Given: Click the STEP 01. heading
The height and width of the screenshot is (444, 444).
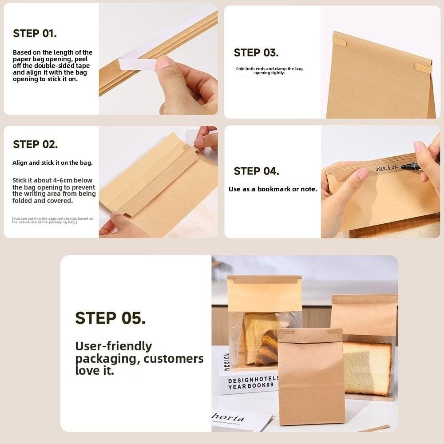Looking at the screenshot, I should [x=35, y=33].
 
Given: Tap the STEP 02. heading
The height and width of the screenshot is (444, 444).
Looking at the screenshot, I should [x=35, y=144].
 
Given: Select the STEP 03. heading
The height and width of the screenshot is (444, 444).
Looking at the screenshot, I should [x=256, y=52].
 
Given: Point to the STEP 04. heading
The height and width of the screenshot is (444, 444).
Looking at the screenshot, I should [x=256, y=171].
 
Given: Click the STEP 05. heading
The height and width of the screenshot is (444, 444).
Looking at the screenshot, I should [x=110, y=318].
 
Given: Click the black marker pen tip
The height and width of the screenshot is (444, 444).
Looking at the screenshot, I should [x=404, y=167].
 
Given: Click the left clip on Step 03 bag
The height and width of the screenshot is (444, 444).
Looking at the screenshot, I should [x=339, y=42].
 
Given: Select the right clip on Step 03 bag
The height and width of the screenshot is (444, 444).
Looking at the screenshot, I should [x=423, y=68].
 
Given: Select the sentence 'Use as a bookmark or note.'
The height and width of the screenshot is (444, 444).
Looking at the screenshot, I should [x=273, y=189].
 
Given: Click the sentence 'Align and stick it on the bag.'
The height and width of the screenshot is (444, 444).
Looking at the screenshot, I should [x=52, y=163].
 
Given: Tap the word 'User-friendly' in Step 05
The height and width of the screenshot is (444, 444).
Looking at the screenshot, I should [x=113, y=346].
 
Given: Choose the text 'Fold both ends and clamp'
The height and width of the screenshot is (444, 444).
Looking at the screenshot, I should [x=269, y=69].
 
